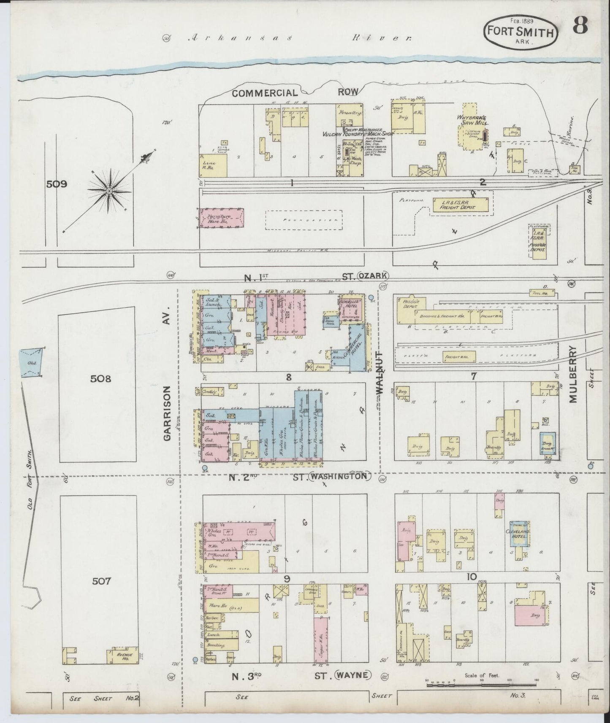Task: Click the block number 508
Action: click(101, 379)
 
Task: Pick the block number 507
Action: click(101, 581)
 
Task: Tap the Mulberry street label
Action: click(573, 375)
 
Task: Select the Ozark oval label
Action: click(372, 276)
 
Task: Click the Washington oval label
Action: click(339, 477)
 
